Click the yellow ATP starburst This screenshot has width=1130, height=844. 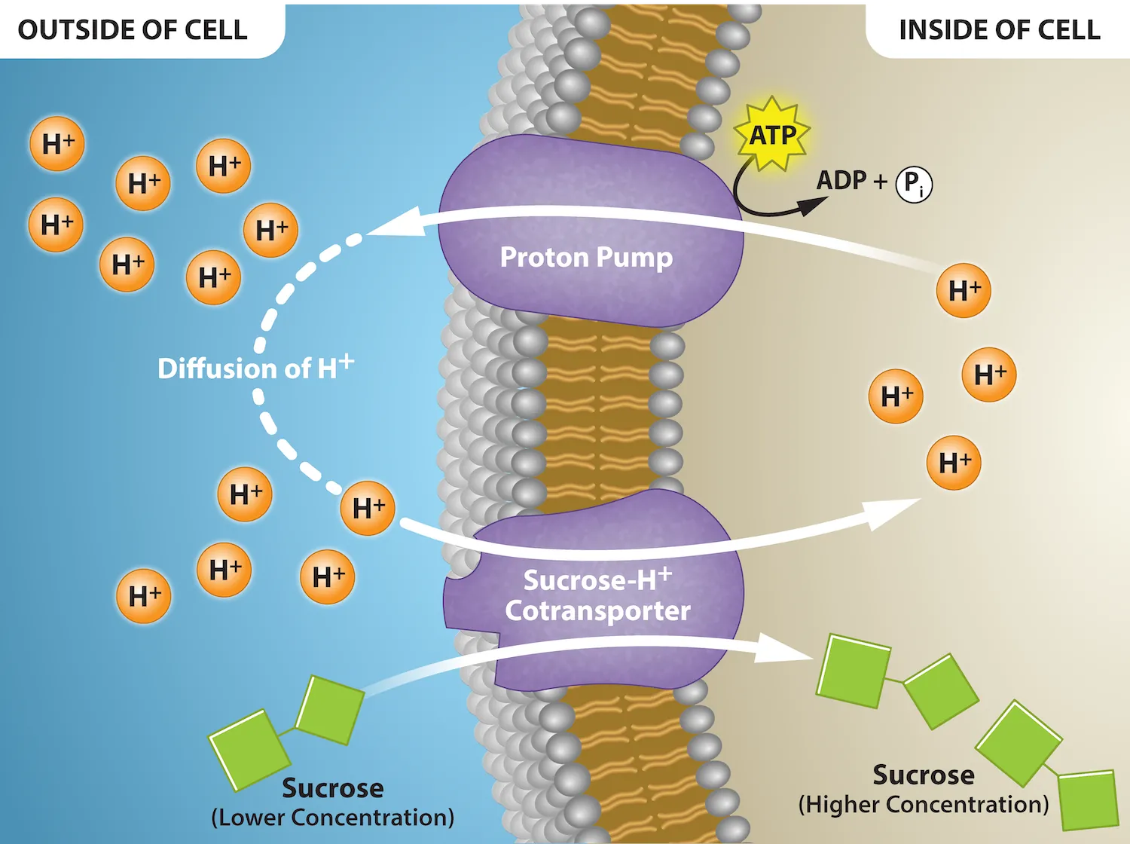coord(772,135)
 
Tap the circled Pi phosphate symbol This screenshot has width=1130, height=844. coord(914,184)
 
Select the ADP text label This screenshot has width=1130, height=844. coord(841,181)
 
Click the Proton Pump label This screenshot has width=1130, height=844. coord(586,258)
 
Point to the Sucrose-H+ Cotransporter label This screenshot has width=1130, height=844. coord(597,595)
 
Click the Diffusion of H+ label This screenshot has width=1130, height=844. coord(255,368)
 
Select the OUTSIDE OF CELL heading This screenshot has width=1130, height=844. coord(133,30)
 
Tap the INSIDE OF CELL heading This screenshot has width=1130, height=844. coord(999,30)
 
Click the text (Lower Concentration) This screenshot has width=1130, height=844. coord(332,818)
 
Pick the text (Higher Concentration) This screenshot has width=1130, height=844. coord(923,805)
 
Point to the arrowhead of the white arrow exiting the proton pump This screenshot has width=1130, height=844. coord(392,223)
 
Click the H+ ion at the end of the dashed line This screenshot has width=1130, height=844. coord(368,509)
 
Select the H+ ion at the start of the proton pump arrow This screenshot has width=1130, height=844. coord(964,290)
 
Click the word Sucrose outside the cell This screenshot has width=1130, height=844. coord(332,788)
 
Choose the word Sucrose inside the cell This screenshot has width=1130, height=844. coord(923,775)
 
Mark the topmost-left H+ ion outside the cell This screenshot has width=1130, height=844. coord(57,144)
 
